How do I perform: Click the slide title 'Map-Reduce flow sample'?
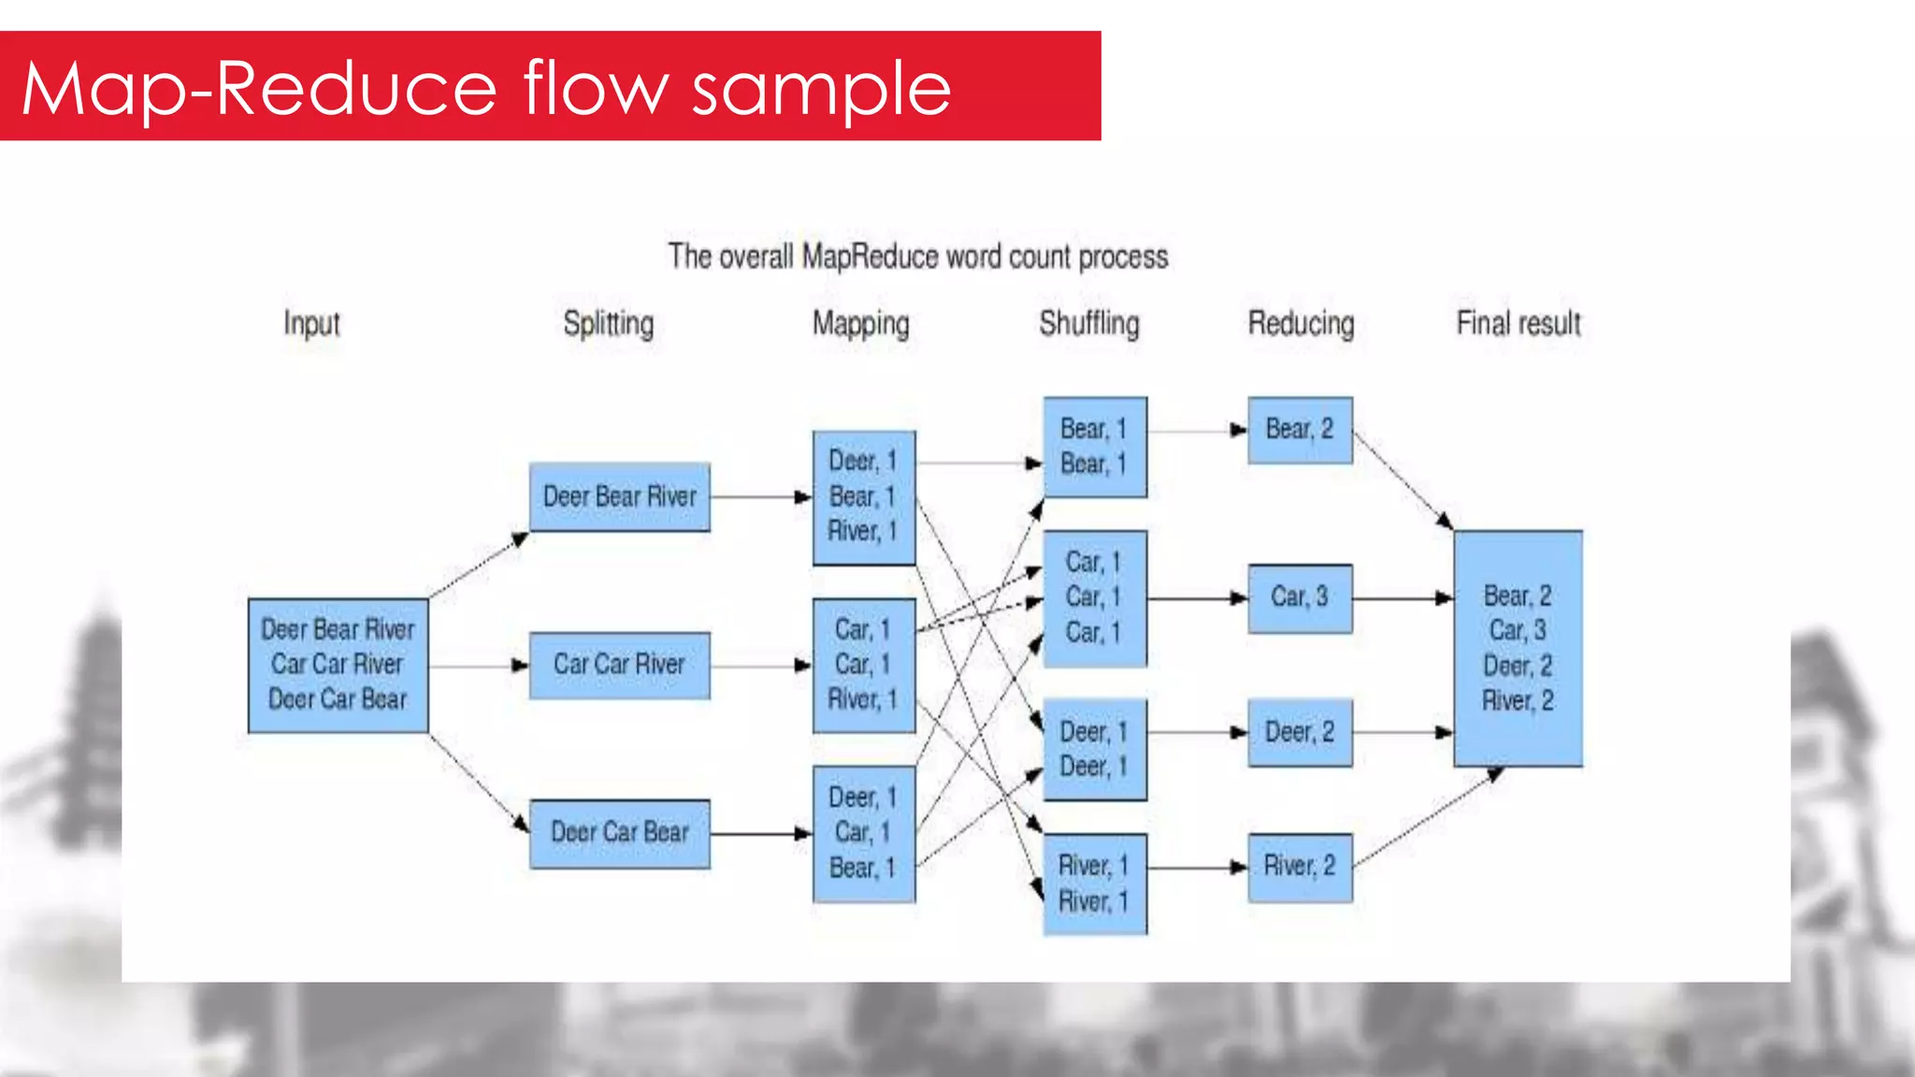pos(486,89)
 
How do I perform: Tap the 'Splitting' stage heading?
pos(608,323)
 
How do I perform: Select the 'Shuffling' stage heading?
pos(1089,323)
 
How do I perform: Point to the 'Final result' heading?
pos(1518,323)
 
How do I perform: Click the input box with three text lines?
pos(338,665)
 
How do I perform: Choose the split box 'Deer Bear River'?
pos(619,496)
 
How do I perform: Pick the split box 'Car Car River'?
pos(619,665)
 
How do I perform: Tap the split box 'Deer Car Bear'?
pos(619,833)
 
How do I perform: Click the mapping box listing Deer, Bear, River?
pos(863,496)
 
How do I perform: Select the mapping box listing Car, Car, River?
pos(863,665)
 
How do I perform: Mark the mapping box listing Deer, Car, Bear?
pos(863,833)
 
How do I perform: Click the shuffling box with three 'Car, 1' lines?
pos(1094,597)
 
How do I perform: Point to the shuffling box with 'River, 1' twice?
pos(1094,883)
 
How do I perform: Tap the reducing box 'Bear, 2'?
pos(1300,430)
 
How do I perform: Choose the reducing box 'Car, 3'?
pos(1300,597)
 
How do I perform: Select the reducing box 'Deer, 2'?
pos(1300,732)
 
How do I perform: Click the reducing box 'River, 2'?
pos(1300,867)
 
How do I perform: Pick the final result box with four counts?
pos(1518,648)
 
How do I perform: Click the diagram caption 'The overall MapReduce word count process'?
pos(918,257)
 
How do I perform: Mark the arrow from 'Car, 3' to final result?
pos(1403,597)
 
